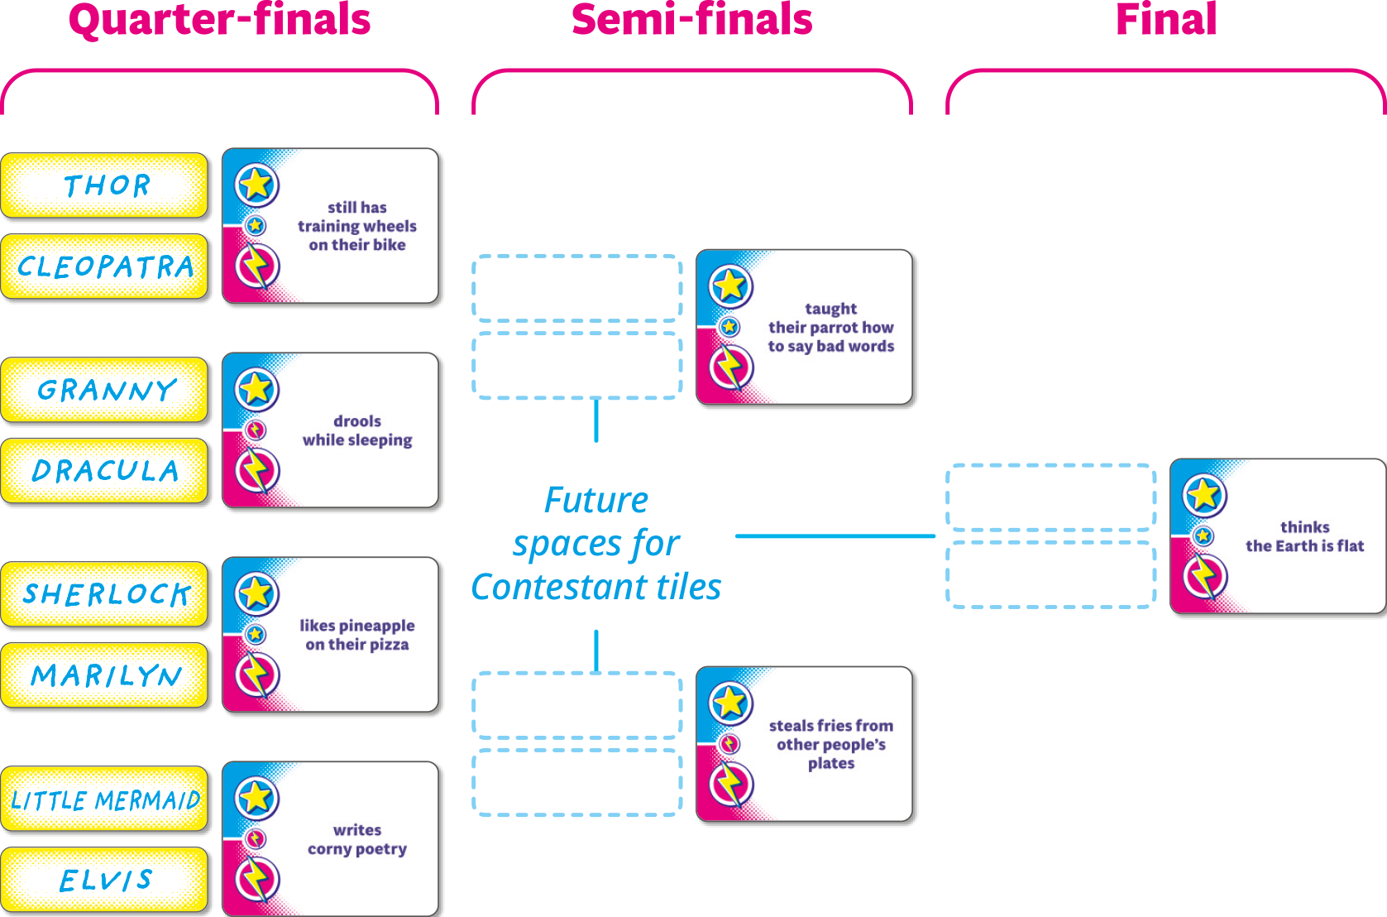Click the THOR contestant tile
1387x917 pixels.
(x=106, y=185)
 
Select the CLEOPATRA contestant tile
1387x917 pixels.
(x=106, y=266)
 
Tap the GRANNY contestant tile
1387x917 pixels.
(x=106, y=390)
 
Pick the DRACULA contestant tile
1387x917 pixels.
(x=106, y=471)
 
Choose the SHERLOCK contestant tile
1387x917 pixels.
(x=106, y=594)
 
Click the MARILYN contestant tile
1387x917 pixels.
(x=106, y=675)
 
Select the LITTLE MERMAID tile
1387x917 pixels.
(x=106, y=799)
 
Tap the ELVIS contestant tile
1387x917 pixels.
(x=106, y=880)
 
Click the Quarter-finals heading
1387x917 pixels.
(x=220, y=20)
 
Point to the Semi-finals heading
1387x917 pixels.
(x=692, y=20)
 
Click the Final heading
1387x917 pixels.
(x=1166, y=20)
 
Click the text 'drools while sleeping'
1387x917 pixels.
(x=357, y=430)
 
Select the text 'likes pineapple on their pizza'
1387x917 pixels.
(x=357, y=635)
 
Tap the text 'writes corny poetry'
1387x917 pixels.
(x=357, y=839)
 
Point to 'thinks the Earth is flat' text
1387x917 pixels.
(x=1304, y=536)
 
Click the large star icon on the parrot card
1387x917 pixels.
(x=730, y=286)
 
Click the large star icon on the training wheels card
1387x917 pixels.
(x=256, y=184)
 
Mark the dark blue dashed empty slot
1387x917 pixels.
(x=576, y=288)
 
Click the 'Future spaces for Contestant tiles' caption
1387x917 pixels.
(x=596, y=543)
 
